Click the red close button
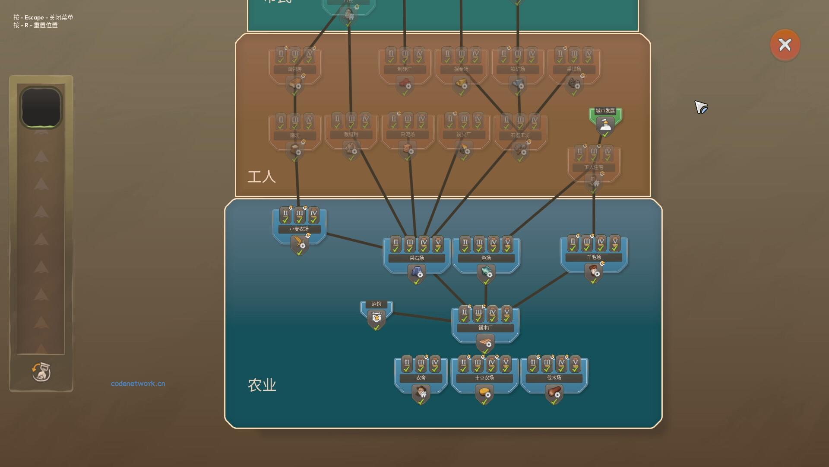tap(785, 45)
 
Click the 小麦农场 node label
tap(299, 229)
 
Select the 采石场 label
tap(417, 258)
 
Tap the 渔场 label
tap(486, 258)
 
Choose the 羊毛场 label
tap(594, 257)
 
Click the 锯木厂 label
tap(485, 328)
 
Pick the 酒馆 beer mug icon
tap(376, 318)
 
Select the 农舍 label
tap(421, 378)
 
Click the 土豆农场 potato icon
tap(484, 393)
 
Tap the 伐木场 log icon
tap(554, 393)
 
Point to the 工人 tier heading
tap(261, 176)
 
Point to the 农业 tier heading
tap(262, 385)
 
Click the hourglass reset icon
tap(41, 372)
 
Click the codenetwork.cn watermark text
tap(138, 384)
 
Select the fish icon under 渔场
tap(486, 272)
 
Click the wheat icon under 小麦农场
tap(299, 244)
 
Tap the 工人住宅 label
tap(594, 167)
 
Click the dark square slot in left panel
tap(41, 107)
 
